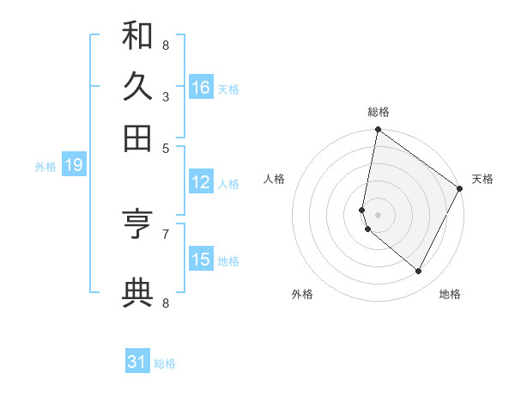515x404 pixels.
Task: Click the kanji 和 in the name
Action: tap(137, 35)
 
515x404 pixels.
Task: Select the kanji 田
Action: tap(137, 137)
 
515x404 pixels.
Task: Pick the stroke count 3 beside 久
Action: tap(165, 97)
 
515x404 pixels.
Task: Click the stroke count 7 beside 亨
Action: tap(165, 233)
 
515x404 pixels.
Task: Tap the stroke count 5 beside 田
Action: tap(165, 148)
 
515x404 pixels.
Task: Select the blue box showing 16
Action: tap(201, 88)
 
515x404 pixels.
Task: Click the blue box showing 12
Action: tap(201, 182)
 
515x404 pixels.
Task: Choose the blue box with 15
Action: tap(201, 259)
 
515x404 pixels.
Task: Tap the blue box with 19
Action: tap(74, 165)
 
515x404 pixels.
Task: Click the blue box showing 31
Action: tap(137, 362)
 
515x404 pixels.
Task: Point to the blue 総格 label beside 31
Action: tap(165, 364)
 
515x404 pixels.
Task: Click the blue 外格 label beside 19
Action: tap(45, 167)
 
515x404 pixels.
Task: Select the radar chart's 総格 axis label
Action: tap(379, 112)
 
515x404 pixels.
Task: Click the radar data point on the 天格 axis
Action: tap(460, 189)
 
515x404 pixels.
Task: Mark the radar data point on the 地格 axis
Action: tap(419, 271)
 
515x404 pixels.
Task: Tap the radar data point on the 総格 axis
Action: tap(379, 131)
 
